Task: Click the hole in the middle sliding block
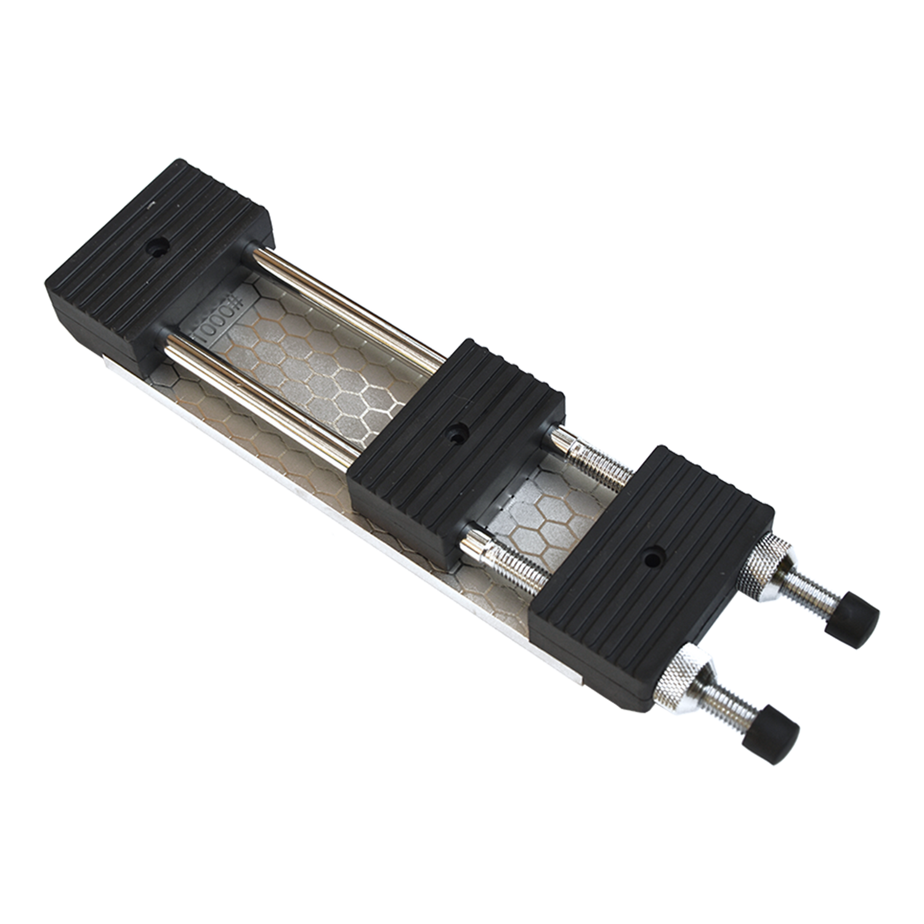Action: click(x=456, y=433)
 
